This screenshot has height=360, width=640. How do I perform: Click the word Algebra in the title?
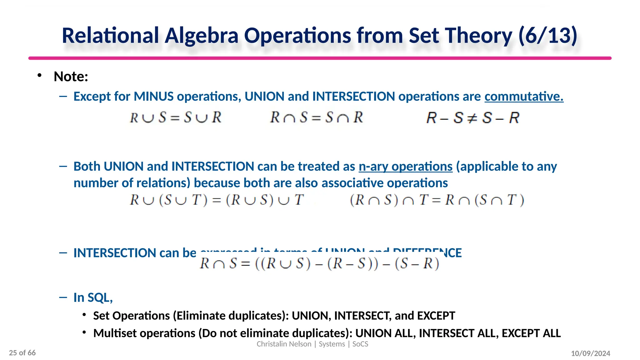click(202, 35)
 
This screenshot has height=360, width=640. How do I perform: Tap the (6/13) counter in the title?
click(547, 35)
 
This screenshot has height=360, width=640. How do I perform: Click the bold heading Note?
click(71, 77)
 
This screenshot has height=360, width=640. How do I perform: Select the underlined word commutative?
click(524, 96)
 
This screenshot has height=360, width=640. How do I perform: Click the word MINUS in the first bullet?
click(153, 96)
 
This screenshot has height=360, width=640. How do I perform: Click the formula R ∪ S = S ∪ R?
click(176, 117)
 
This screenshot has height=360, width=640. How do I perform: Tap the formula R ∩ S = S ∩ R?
click(316, 117)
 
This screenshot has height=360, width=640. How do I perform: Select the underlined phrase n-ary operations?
click(405, 166)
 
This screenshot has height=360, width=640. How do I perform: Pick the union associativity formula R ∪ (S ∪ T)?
click(217, 200)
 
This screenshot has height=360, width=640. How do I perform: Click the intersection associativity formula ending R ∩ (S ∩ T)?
click(437, 200)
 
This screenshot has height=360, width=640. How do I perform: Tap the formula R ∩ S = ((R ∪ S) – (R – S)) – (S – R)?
click(319, 263)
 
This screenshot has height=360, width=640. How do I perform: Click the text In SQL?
click(93, 297)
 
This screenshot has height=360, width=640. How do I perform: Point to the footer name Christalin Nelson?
click(284, 344)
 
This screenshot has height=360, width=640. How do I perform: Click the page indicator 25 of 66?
click(22, 353)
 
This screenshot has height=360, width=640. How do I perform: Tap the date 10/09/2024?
click(590, 353)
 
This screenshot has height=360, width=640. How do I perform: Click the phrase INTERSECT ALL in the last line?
click(458, 333)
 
